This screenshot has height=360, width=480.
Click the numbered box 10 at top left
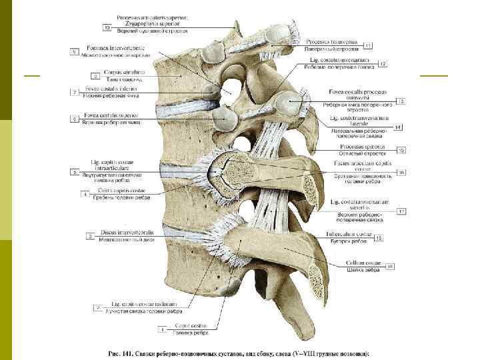click(x=107, y=28)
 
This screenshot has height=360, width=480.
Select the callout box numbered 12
click(x=383, y=63)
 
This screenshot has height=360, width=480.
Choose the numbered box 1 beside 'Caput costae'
click(x=161, y=329)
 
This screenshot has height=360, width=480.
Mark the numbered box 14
click(x=397, y=127)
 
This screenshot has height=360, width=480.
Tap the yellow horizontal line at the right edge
click(x=434, y=77)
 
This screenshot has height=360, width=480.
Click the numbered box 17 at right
click(x=401, y=212)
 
